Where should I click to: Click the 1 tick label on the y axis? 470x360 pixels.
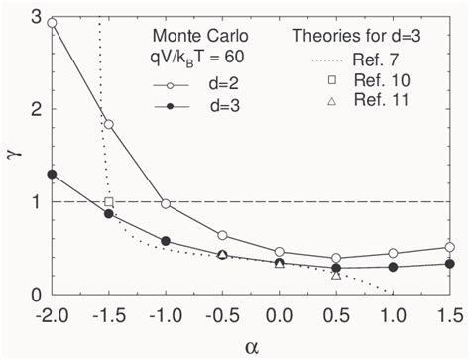click(37, 202)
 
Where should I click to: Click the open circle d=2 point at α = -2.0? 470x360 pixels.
click(52, 23)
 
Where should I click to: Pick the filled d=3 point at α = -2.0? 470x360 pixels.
click(52, 175)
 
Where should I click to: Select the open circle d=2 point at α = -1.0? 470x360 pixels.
click(166, 203)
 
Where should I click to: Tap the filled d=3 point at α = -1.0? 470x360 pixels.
click(166, 241)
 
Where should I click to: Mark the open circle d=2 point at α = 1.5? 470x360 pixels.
click(450, 247)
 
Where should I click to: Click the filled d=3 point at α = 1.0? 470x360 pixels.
click(394, 267)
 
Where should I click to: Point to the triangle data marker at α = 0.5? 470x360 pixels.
click(336, 274)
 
